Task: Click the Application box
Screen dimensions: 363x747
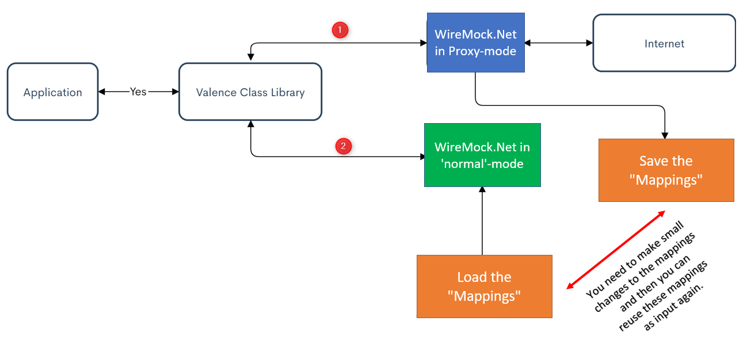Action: tap(53, 92)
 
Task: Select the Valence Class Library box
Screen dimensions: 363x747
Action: tap(250, 92)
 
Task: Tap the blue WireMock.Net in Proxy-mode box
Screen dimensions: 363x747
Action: tap(475, 43)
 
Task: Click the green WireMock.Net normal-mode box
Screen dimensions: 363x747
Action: tap(482, 155)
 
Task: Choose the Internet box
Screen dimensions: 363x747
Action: tap(664, 44)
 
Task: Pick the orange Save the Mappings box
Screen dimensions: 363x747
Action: tap(666, 170)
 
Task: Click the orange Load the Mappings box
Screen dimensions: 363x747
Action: tap(484, 286)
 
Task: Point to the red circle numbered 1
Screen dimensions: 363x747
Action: tap(340, 30)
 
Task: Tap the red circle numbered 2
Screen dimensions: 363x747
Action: tap(344, 146)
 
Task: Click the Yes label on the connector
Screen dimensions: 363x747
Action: tap(138, 91)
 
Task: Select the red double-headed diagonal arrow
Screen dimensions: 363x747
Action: tap(616, 250)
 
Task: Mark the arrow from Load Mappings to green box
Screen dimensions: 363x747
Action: tap(482, 221)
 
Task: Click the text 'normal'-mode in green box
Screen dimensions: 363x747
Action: tap(482, 164)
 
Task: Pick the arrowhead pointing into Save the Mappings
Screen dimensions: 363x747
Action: tap(665, 136)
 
